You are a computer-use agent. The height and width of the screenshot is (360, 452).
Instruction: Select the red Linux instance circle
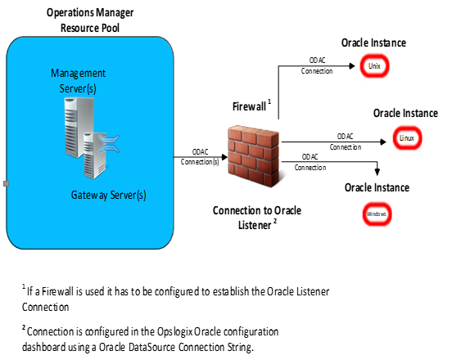coord(405,137)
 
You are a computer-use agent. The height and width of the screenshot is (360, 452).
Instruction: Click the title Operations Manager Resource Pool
coord(89,20)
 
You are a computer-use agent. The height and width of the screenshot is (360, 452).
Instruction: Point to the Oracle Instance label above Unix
coord(373,43)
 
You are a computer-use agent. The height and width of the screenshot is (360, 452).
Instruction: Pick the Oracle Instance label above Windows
coord(376,187)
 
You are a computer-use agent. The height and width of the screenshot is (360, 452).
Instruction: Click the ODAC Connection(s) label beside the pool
coord(200,156)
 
